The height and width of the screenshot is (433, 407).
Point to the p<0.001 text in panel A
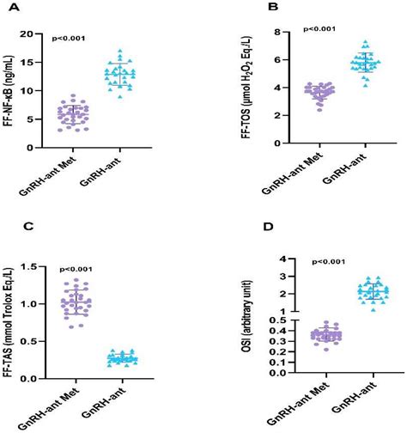(70, 39)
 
